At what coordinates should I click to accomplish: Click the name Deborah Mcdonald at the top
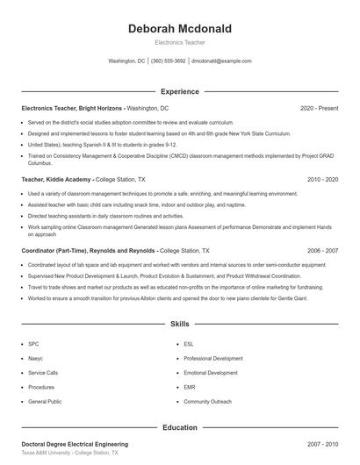click(179, 29)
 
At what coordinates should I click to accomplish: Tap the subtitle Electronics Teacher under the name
click(179, 42)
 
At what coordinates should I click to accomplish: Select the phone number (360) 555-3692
click(169, 61)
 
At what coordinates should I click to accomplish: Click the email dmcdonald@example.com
click(221, 61)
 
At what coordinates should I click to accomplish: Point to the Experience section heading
click(179, 91)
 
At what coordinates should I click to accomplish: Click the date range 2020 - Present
click(319, 108)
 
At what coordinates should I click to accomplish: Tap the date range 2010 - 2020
click(322, 178)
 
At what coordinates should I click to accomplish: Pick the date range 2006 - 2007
click(322, 250)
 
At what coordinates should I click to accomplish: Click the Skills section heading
click(179, 324)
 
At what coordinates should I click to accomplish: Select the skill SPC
click(33, 345)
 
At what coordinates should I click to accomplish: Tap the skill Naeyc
click(35, 359)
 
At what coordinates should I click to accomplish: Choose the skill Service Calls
click(42, 373)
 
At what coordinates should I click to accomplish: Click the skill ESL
click(189, 345)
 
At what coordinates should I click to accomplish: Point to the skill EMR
click(190, 387)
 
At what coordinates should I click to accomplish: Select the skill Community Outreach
click(207, 401)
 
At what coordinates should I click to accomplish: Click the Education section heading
click(179, 427)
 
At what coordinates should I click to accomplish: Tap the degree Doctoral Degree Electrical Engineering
click(75, 445)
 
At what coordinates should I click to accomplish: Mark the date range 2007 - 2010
click(322, 445)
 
